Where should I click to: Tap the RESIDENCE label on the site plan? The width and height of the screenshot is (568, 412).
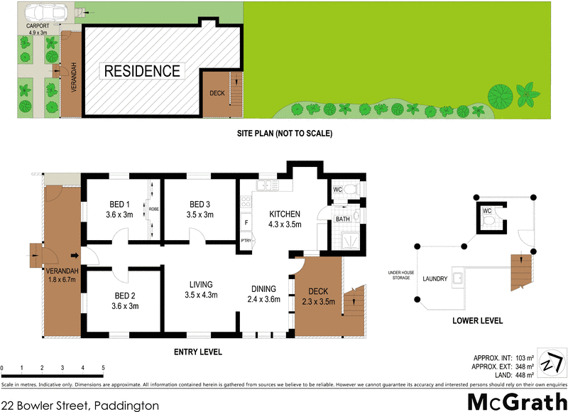coord(142,71)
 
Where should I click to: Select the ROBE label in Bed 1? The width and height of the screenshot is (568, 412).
coord(154,210)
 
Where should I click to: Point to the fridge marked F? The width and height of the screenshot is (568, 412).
coord(246,223)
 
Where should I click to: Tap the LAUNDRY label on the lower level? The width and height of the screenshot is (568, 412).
coord(435,279)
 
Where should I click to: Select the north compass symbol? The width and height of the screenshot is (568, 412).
coord(552,363)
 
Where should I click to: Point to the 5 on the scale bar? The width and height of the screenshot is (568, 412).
coord(104,368)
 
